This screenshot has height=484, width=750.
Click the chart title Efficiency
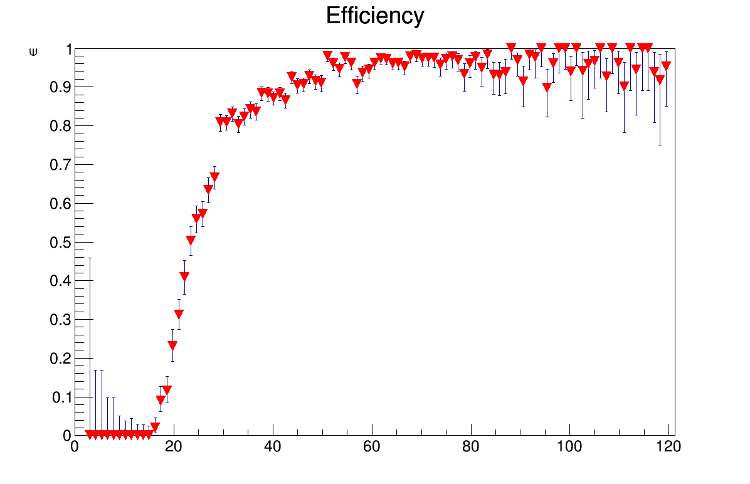tap(375, 16)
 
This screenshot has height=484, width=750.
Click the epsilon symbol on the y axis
tap(33, 51)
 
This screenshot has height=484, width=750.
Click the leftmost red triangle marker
tap(90, 434)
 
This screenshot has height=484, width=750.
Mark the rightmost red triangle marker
tap(665, 65)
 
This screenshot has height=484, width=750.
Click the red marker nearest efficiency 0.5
tap(191, 240)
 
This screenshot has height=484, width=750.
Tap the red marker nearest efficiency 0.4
tap(184, 276)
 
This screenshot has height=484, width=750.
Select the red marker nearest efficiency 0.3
tap(179, 314)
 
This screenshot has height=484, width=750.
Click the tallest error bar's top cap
tap(90, 258)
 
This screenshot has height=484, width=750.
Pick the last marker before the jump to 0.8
tap(214, 177)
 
